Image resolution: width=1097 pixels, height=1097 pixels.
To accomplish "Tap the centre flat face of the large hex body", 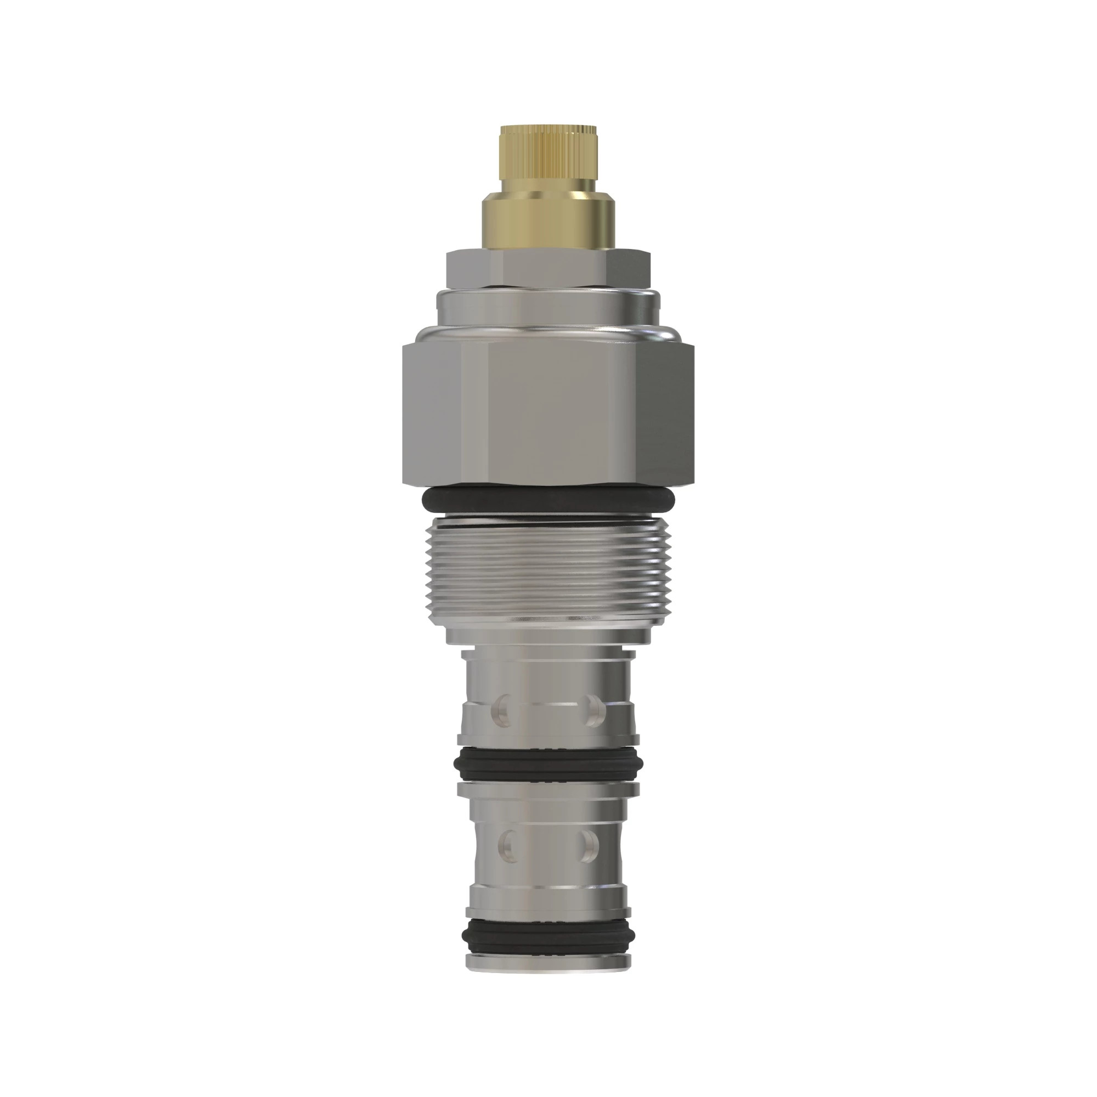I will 548,415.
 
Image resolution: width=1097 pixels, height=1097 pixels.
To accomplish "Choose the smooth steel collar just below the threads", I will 548,633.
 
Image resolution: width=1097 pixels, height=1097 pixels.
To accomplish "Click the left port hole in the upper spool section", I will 503,710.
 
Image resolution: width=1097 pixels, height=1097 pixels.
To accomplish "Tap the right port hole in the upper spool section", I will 593,710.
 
